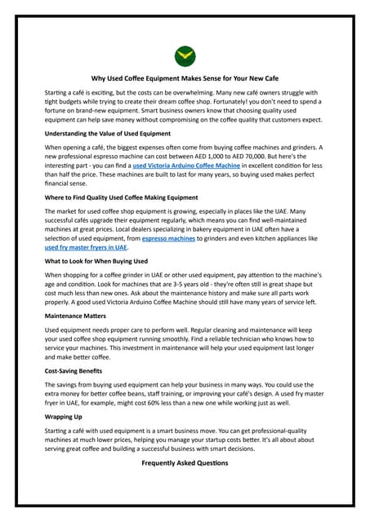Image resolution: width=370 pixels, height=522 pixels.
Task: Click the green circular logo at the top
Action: coord(185,55)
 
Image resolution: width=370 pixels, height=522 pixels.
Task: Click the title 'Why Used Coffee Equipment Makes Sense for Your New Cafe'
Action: coord(185,79)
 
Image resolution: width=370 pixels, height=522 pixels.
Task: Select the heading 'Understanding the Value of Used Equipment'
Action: coord(107,133)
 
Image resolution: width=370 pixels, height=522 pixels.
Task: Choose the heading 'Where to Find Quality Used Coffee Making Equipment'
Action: coord(121,197)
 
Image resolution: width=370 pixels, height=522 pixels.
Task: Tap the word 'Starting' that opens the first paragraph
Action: coord(57,93)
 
